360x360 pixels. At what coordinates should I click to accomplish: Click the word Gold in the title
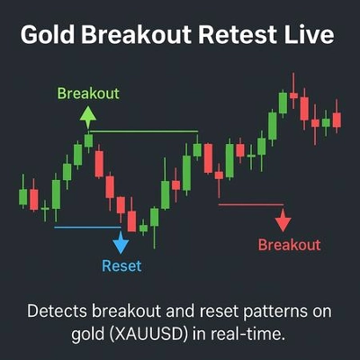46,37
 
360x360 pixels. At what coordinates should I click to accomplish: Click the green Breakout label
88,93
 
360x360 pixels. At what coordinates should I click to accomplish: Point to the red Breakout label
289,244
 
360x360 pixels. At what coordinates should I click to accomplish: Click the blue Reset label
121,265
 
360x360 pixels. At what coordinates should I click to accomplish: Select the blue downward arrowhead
121,242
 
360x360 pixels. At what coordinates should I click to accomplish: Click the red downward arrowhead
283,220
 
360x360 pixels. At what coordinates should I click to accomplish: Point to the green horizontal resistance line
144,132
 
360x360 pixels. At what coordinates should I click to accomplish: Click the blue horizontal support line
85,227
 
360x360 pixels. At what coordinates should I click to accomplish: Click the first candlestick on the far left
23,196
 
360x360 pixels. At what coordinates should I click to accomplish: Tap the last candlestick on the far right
337,119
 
